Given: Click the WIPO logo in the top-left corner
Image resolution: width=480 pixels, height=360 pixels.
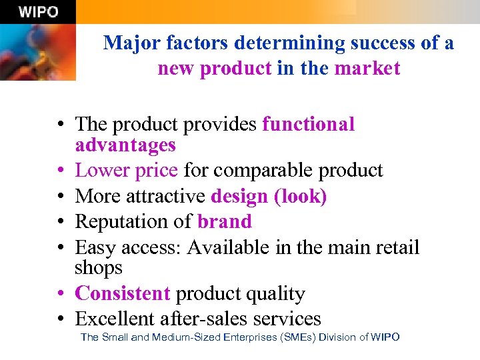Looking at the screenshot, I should pyautogui.click(x=38, y=11).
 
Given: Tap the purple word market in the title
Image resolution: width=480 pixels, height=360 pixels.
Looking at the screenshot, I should pyautogui.click(x=367, y=68).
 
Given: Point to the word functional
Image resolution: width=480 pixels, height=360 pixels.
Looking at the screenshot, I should pyautogui.click(x=309, y=124).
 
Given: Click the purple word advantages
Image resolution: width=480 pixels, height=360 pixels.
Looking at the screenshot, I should pyautogui.click(x=125, y=145).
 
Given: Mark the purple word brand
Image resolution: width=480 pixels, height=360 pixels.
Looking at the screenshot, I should pyautogui.click(x=225, y=221).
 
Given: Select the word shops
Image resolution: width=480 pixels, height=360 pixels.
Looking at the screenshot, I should pyautogui.click(x=99, y=267).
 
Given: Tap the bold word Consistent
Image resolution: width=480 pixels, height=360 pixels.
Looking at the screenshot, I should pyautogui.click(x=123, y=293).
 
